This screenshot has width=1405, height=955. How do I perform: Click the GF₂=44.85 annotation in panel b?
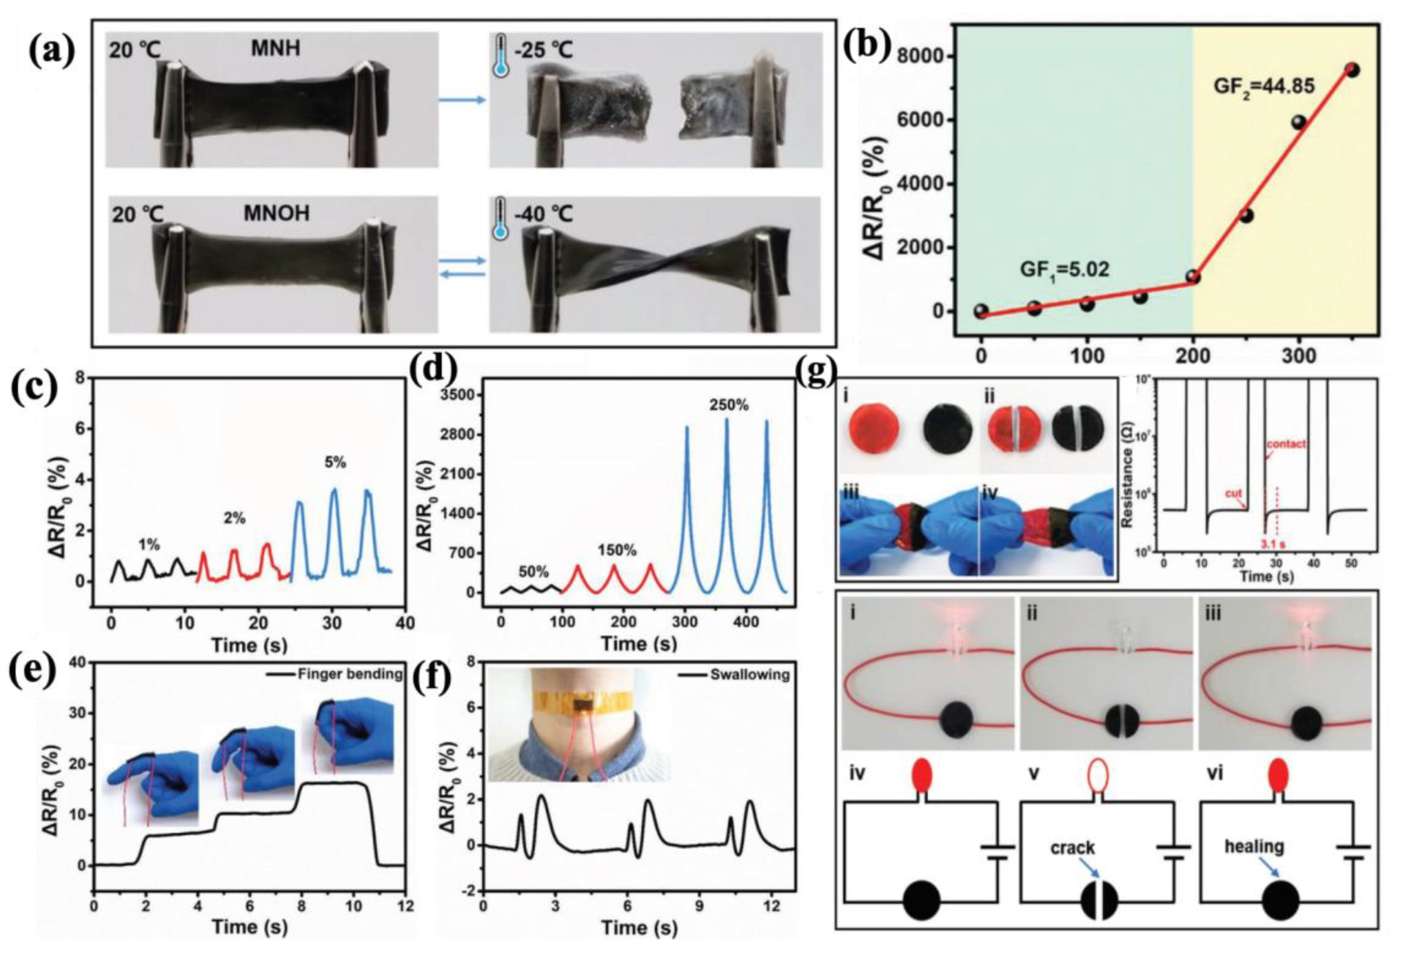tap(1262, 85)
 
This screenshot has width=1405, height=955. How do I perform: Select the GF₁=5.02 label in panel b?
tap(1064, 268)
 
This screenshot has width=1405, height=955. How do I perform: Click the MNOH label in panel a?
tap(276, 214)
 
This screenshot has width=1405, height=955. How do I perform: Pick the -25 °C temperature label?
tap(544, 51)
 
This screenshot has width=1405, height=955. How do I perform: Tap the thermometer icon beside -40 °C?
tap(501, 219)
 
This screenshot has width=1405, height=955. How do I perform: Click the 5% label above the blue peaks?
tap(335, 462)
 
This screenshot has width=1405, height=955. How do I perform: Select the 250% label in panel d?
tap(729, 405)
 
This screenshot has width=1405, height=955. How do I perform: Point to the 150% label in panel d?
tap(616, 550)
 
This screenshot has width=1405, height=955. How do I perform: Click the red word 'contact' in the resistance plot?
tap(1286, 444)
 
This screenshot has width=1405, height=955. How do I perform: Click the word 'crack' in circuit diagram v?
tap(1072, 848)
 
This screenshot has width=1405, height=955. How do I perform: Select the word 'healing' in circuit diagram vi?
tap(1254, 847)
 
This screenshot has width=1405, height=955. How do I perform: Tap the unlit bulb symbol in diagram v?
tap(1098, 776)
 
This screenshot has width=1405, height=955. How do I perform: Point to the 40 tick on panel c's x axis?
tap(404, 623)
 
